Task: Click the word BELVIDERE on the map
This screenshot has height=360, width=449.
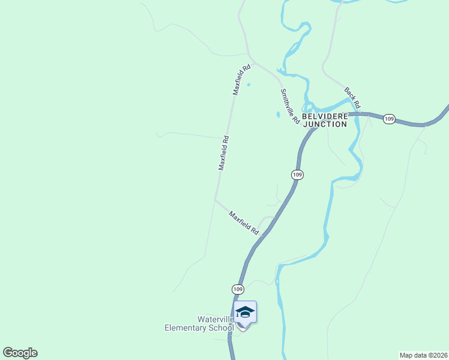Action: pos(324,116)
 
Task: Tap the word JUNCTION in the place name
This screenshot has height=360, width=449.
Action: pos(325,124)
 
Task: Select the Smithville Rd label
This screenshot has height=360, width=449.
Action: pos(289,106)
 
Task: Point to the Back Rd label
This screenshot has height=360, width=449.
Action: pos(352,98)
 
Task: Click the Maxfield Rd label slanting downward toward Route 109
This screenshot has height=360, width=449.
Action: pos(243,222)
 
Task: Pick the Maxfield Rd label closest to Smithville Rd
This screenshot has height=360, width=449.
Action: pos(241,80)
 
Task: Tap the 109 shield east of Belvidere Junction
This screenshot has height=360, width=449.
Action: pos(389,119)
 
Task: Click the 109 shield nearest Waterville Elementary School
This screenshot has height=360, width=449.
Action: pos(238,289)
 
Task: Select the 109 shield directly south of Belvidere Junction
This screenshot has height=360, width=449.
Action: pos(297,175)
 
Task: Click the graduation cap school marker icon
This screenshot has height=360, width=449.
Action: pos(245,312)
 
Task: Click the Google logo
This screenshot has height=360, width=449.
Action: pos(20,353)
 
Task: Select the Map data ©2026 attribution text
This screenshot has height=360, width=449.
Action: pos(424,355)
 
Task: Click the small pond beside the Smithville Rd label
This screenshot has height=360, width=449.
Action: pos(278,114)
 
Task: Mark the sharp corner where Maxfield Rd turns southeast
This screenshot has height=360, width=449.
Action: pos(215,199)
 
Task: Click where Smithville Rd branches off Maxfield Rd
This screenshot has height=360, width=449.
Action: pos(253,60)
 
